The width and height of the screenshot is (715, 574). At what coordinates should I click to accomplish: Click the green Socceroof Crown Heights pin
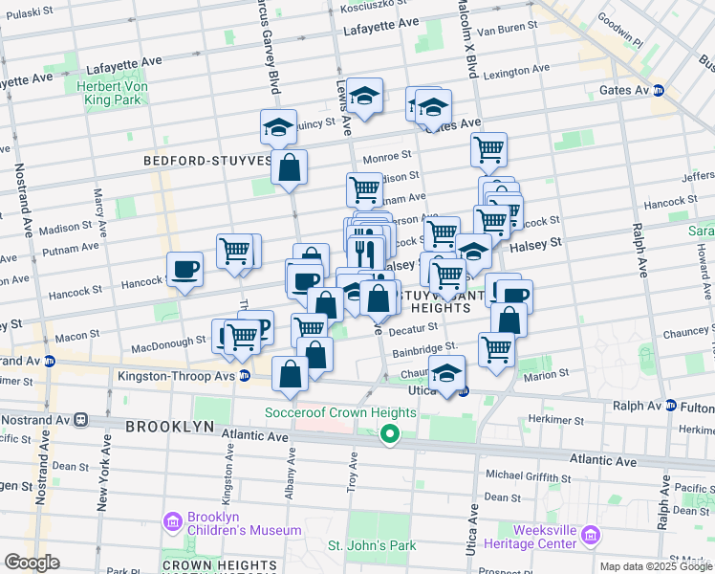389,435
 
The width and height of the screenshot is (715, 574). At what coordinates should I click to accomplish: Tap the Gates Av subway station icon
659,90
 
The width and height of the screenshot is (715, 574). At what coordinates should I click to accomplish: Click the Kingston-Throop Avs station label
177,376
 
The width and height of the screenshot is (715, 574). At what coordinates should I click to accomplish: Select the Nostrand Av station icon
82,419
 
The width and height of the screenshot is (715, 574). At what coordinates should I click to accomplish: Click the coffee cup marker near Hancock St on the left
184,268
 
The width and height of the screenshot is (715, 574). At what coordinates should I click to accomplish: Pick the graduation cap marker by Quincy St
279,126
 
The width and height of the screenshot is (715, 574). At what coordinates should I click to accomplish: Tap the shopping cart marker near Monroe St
488,148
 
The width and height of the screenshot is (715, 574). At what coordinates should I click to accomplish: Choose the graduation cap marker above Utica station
446,372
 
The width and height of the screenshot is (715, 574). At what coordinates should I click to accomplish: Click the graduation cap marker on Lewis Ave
364,95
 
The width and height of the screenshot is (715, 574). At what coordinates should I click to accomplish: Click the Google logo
32,563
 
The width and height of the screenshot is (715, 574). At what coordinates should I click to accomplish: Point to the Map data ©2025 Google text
655,566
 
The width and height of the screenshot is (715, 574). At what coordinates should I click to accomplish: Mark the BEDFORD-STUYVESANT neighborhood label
207,162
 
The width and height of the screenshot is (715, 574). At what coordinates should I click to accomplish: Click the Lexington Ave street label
516,71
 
